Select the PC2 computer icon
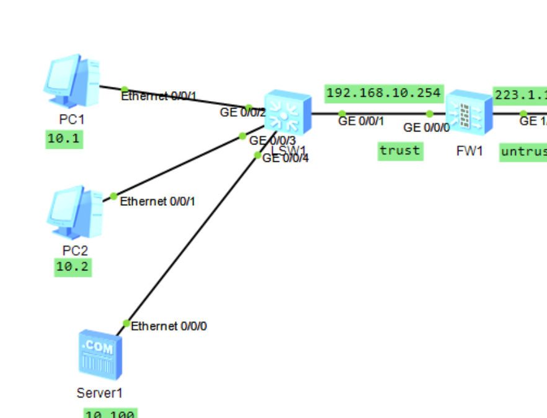[74, 213]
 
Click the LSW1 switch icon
[287, 112]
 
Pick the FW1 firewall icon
[468, 113]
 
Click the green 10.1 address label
[64, 138]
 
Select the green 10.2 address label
[73, 267]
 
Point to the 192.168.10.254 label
[384, 93]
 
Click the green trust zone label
[400, 150]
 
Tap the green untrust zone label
[523, 151]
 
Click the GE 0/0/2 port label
[242, 112]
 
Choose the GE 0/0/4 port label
[285, 158]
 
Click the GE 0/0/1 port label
[362, 121]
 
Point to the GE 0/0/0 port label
[427, 128]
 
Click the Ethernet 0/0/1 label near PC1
[159, 96]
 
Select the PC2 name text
[75, 251]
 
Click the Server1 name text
[96, 393]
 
